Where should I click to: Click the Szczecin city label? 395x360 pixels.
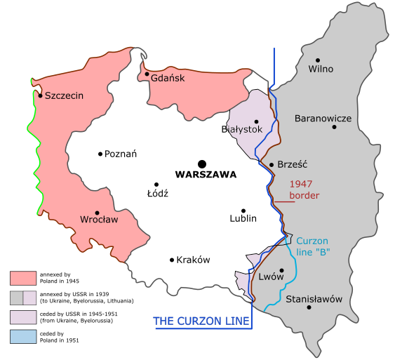click(64, 96)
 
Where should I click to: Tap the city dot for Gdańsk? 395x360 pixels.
click(147, 74)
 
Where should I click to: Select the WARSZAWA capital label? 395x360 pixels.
click(206, 175)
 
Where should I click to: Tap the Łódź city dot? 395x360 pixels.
click(158, 184)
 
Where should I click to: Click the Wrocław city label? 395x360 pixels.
click(99, 220)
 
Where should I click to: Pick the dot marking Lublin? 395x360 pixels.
click(243, 211)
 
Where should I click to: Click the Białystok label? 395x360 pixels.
click(241, 129)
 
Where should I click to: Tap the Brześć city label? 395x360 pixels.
click(293, 165)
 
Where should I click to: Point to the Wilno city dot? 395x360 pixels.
click(318, 60)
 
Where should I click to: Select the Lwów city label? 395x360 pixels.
click(271, 276)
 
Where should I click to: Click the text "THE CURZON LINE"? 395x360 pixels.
click(202, 321)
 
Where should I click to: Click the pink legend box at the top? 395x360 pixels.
click(23, 278)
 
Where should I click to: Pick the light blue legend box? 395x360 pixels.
click(23, 336)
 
